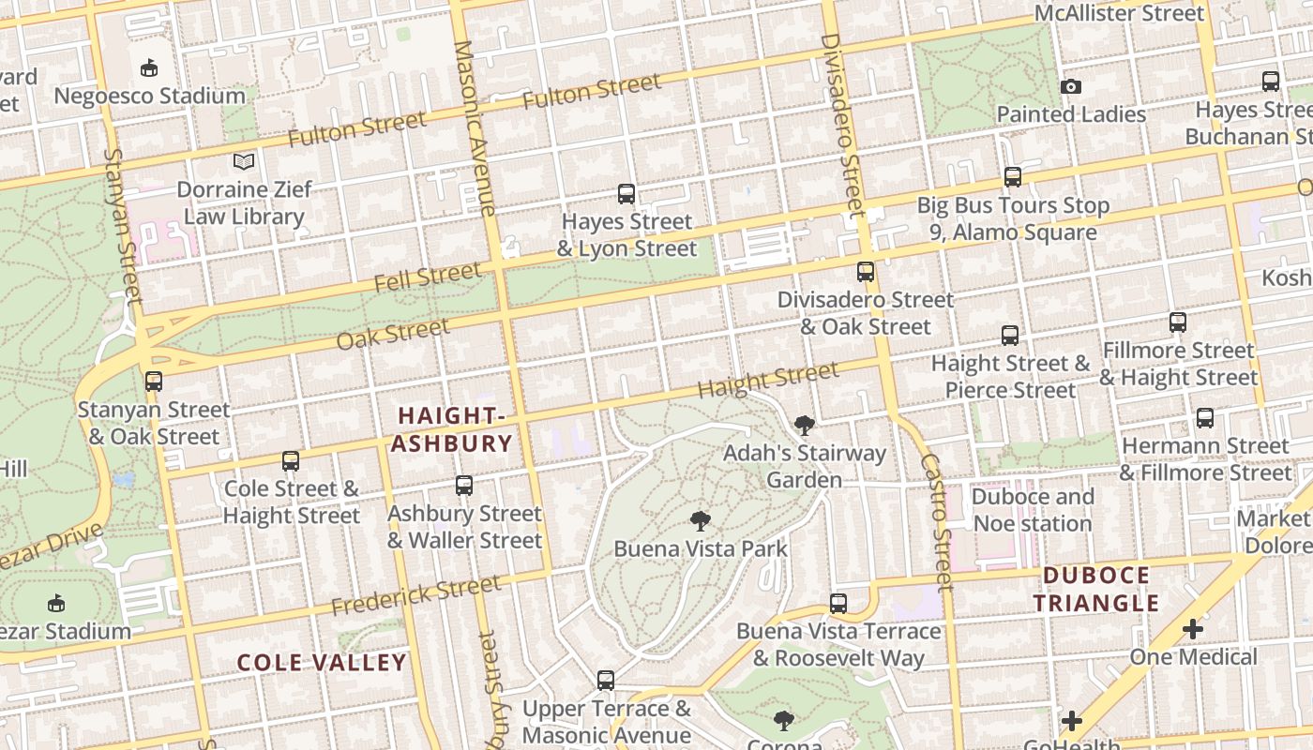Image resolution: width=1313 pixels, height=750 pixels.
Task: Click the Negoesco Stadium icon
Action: coord(148,67)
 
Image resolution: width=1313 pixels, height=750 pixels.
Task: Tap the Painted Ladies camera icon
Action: coord(1071,87)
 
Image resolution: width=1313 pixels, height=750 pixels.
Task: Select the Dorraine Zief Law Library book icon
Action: coord(244,161)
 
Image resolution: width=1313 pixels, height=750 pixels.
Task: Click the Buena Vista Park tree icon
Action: coord(700,521)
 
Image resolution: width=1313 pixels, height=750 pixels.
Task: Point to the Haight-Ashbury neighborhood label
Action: coord(452,429)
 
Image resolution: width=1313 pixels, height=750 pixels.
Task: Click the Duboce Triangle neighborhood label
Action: coord(1097,589)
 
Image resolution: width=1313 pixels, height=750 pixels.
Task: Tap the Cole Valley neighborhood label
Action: coord(322,663)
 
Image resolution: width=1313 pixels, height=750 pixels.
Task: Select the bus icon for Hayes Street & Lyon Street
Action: coord(626,194)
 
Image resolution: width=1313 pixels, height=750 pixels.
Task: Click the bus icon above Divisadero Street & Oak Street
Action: coord(866,272)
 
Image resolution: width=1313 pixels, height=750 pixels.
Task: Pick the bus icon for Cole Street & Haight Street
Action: coord(291,461)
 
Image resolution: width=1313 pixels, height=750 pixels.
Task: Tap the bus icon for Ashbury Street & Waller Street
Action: coord(464,486)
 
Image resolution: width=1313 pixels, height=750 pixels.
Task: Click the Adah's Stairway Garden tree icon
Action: coord(804,426)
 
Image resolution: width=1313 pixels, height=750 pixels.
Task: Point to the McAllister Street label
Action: coord(1118,13)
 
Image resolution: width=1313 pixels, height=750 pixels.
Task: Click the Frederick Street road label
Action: coord(415,595)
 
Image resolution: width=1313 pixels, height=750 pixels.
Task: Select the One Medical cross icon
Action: coord(1193,629)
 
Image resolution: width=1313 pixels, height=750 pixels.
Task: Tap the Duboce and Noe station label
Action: coord(1032,510)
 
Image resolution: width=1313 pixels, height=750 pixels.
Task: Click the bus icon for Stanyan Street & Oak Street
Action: coord(154,382)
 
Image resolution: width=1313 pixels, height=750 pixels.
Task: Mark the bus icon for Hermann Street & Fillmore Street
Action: coord(1205,417)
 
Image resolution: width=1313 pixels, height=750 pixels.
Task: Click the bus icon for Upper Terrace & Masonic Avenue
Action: coord(606,680)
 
